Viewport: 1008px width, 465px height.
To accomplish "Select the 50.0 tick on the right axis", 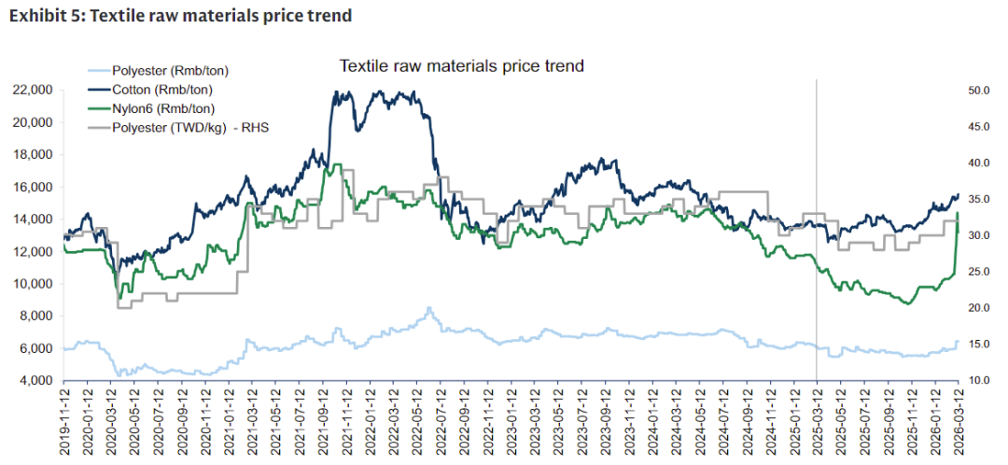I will tap(978, 91).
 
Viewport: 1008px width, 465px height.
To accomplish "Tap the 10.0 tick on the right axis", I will tap(978, 381).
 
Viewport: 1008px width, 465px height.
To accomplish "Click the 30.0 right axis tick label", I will tap(978, 236).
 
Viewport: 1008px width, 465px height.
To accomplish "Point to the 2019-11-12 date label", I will tap(64, 420).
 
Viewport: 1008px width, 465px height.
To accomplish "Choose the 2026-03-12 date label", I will tap(959, 420).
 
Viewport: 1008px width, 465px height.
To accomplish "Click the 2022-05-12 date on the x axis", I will tap(417, 420).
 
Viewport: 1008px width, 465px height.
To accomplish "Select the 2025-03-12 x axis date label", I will tap(818, 420).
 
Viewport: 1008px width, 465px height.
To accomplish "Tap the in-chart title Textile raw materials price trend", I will tap(461, 66).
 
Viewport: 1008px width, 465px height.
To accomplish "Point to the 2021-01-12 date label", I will tap(229, 420).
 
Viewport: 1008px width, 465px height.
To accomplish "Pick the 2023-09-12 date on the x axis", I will tap(606, 420).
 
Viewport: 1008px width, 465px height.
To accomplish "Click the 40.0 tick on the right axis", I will tap(978, 163).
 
